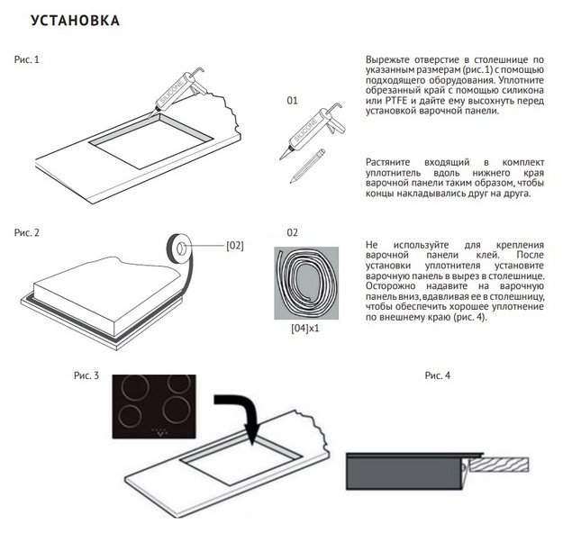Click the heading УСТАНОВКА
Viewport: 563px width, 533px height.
75,21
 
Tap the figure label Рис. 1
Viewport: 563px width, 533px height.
26,59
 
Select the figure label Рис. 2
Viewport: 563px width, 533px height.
26,233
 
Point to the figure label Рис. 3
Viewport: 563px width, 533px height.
86,375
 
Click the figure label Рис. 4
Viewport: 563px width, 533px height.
437,375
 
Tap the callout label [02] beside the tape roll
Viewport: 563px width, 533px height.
235,246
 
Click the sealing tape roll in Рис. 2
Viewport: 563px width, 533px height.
178,248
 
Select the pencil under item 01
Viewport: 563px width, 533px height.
307,166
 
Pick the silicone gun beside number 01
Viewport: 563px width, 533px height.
312,131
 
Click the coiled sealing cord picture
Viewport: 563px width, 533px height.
306,283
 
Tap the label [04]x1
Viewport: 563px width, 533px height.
305,329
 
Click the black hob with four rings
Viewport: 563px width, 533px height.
154,406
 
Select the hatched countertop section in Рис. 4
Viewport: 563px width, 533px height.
499,465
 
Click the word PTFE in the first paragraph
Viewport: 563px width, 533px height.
396,101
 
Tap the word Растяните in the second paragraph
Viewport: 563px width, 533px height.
387,163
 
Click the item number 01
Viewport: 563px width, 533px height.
292,101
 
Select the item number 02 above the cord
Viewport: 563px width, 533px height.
292,233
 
